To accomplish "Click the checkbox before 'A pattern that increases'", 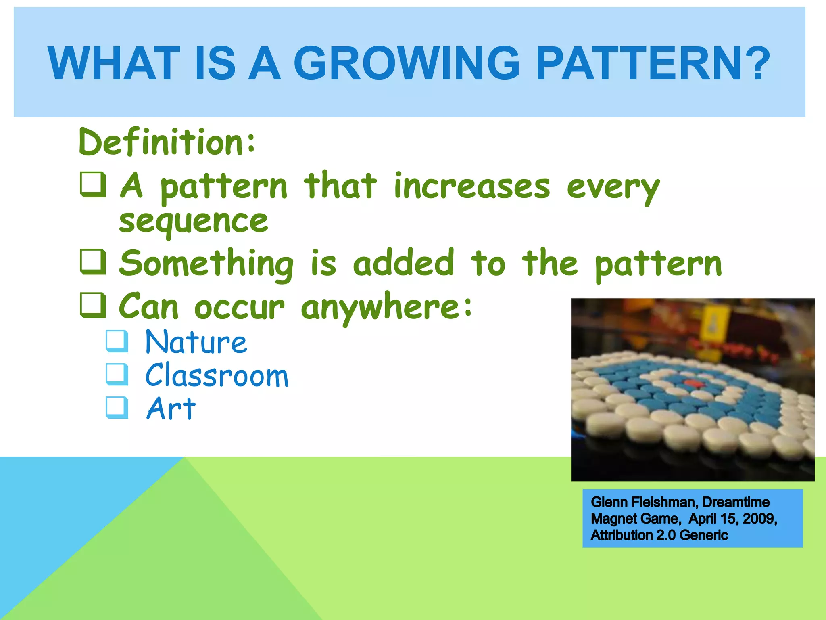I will coord(93,184).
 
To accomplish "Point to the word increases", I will coord(472,186).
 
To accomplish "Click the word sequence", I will coord(194,222).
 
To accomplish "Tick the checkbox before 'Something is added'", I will coord(93,262).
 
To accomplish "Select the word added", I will coord(404,263).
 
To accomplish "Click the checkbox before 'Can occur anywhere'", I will coord(93,305).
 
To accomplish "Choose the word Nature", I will coord(196,342).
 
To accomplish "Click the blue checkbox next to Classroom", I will coord(117,374).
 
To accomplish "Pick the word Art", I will coord(171,408).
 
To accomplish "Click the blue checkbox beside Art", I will coord(117,407).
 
